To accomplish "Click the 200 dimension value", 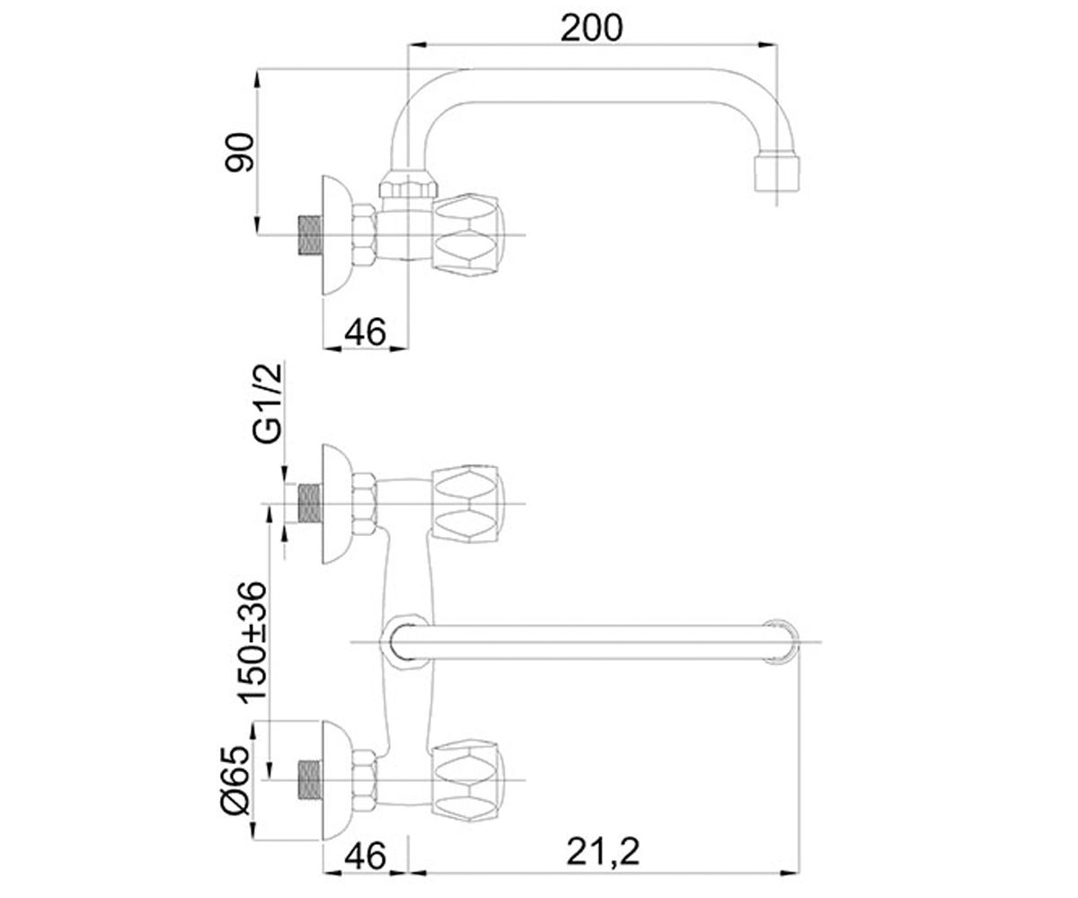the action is tap(591, 28).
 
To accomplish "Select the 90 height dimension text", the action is tap(240, 153).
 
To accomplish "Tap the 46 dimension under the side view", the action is tap(365, 332).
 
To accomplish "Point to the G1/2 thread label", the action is tap(268, 403).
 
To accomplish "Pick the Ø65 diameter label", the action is tap(236, 786).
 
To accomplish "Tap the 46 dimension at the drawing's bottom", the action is tap(365, 855).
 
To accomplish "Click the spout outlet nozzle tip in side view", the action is tap(777, 172).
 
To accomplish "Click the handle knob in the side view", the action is tap(468, 235).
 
